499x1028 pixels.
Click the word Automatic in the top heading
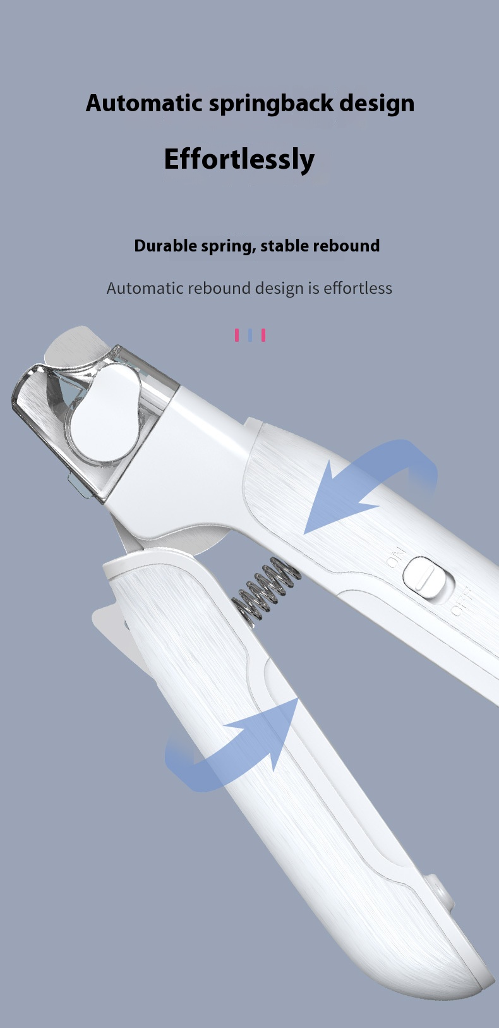click(144, 102)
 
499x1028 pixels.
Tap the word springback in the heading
click(271, 104)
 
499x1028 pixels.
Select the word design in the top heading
click(377, 104)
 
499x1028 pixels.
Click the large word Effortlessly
click(239, 159)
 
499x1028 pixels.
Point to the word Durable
click(165, 246)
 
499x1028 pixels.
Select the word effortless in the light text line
click(358, 288)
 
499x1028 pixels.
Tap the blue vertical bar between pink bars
click(250, 335)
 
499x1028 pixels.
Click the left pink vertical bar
click(237, 335)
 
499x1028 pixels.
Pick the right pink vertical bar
click(263, 335)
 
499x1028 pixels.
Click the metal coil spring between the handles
click(266, 589)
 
